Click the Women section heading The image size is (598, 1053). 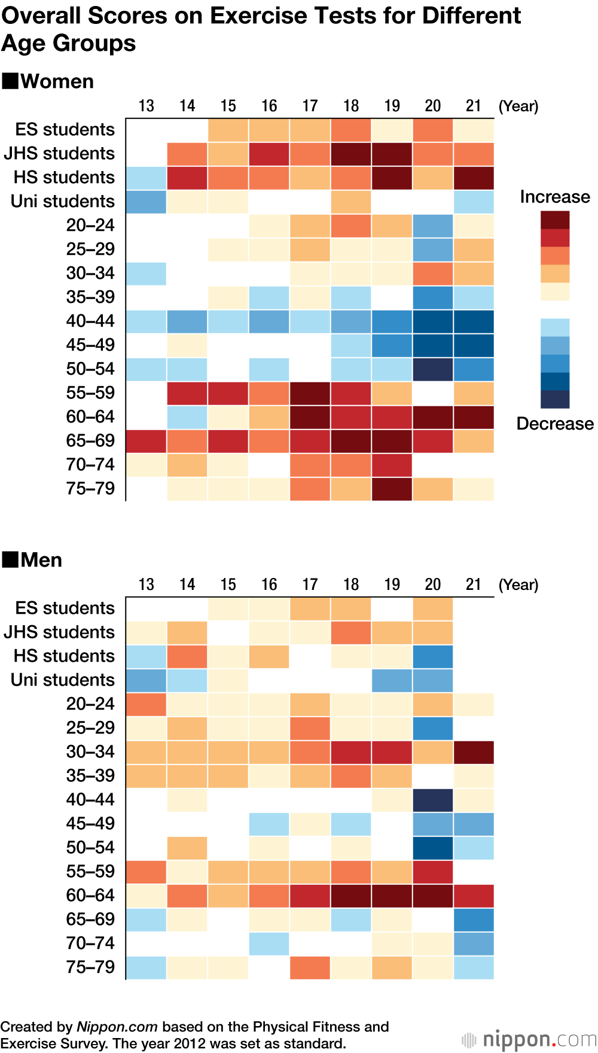tap(57, 81)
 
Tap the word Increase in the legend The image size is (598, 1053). tap(554, 197)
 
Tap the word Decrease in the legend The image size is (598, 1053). tap(554, 424)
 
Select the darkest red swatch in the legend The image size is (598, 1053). tap(555, 220)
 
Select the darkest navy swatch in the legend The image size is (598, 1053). tap(555, 399)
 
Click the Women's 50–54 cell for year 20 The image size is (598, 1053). tap(432, 369)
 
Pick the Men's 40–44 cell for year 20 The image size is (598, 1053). tap(432, 800)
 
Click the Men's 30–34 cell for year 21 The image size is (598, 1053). tap(474, 752)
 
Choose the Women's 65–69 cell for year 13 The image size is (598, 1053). tap(146, 441)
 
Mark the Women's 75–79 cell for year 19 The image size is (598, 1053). tap(392, 489)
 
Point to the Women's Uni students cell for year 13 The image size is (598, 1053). tap(146, 202)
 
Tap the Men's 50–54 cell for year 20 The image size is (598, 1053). tap(432, 848)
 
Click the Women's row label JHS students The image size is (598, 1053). tap(59, 153)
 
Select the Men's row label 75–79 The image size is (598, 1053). tap(90, 967)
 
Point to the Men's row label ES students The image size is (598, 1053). tap(65, 608)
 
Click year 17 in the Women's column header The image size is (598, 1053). tap(310, 106)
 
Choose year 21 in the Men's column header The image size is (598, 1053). tap(474, 585)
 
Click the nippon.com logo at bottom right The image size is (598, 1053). tap(530, 1039)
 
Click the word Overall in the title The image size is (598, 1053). tap(41, 16)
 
